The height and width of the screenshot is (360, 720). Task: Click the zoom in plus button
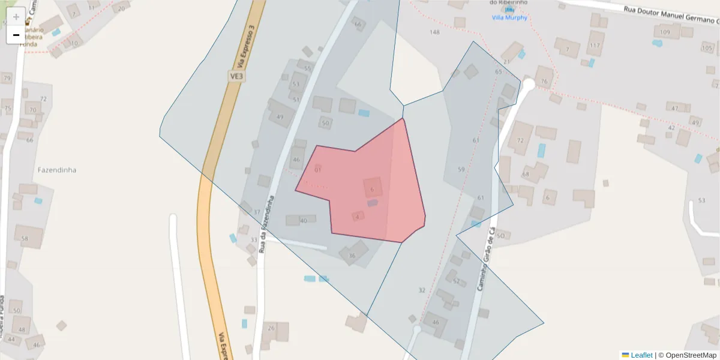(x=16, y=16)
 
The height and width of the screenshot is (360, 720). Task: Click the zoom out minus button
(x=16, y=35)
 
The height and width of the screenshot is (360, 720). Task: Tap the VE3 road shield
(x=237, y=76)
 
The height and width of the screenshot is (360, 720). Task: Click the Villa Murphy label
(x=509, y=17)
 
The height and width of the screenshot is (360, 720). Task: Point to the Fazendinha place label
(x=57, y=170)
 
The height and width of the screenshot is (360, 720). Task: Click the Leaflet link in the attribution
(x=641, y=355)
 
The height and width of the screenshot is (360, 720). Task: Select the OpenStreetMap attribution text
(x=691, y=355)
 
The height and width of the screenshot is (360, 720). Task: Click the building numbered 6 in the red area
(x=373, y=188)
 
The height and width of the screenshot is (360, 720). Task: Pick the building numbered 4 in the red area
(x=358, y=216)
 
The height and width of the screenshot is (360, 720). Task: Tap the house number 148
(x=435, y=32)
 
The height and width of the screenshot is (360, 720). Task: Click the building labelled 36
(x=353, y=253)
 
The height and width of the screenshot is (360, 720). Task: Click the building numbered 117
(x=595, y=45)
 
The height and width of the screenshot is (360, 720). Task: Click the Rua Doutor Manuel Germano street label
(x=670, y=10)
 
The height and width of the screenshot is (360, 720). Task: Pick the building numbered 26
(x=275, y=331)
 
